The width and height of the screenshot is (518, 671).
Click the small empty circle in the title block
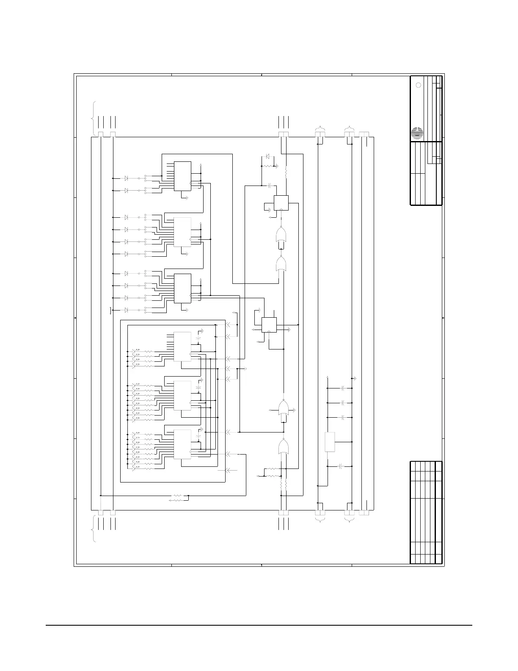pos(418,85)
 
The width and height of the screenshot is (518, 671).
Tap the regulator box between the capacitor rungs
pos(330,442)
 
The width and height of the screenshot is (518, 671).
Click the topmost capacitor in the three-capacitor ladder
pos(343,388)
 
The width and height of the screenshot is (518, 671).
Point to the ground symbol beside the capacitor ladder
pos(355,378)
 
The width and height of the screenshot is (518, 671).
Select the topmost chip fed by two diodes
pos(182,176)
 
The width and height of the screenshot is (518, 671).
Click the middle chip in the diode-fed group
pos(182,232)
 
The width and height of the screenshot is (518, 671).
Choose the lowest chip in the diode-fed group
pos(182,288)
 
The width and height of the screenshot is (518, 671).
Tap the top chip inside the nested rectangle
pos(182,347)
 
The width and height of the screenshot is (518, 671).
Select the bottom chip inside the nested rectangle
pos(182,444)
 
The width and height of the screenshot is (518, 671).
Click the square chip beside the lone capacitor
pos(281,202)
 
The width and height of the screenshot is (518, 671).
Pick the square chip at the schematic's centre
pos(269,325)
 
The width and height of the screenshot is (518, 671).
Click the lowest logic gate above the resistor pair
pos(283,447)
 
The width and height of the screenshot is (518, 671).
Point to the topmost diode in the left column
pos(126,178)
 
